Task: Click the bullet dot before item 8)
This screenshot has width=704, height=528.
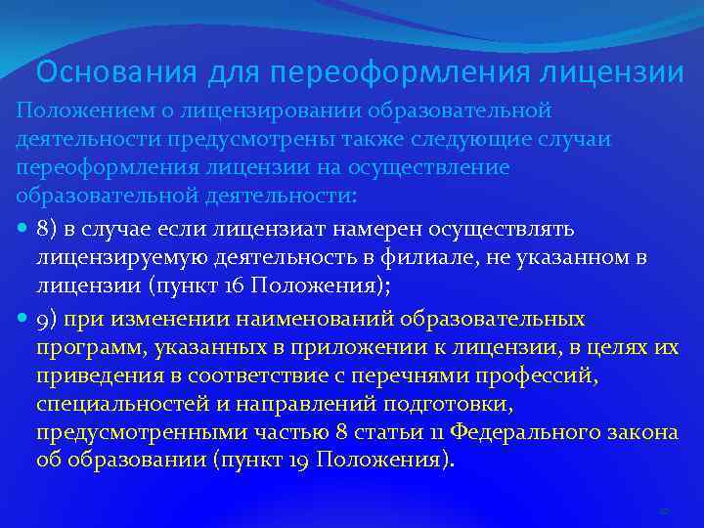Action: pos(22,229)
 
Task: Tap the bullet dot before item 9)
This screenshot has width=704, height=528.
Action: pos(22,319)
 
